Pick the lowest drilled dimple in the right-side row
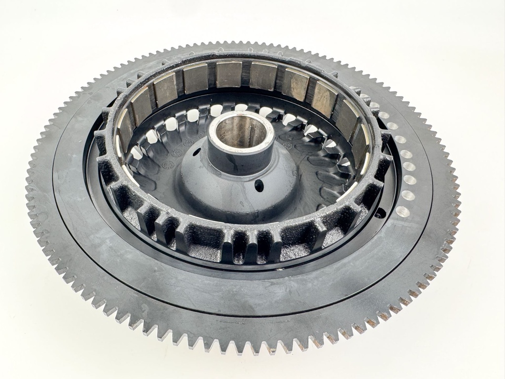(x=401, y=212)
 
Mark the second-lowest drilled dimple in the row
(x=407, y=195)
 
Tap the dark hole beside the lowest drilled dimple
(x=380, y=213)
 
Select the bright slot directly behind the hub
(x=241, y=107)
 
